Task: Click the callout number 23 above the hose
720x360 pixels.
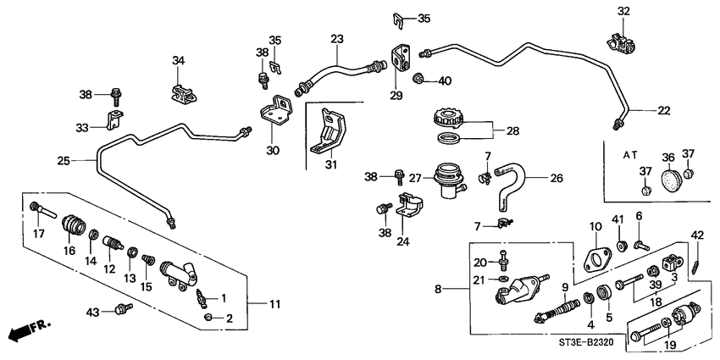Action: click(337, 39)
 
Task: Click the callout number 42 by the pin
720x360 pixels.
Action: click(696, 235)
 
